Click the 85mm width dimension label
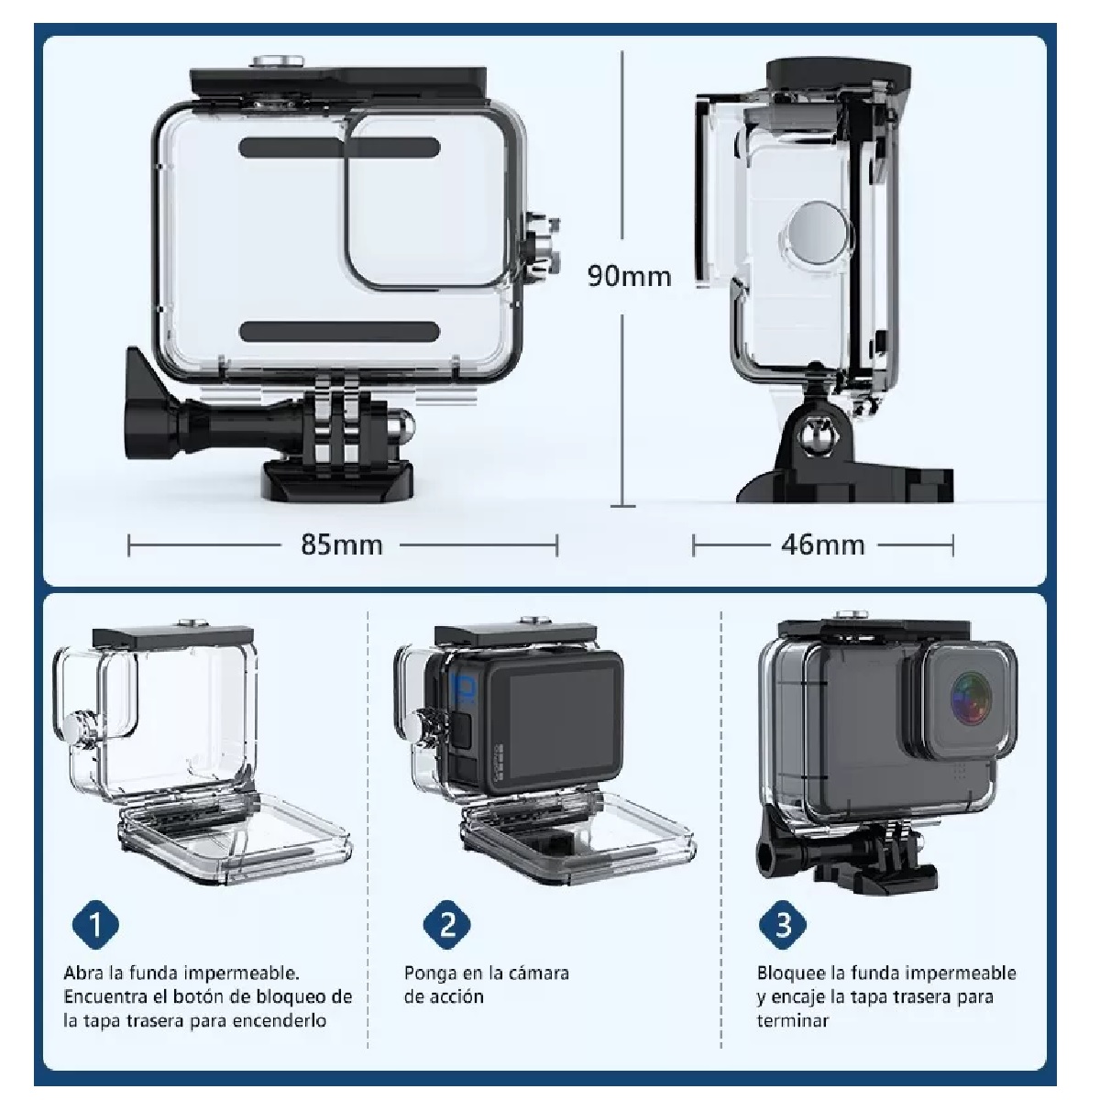pyautogui.click(x=341, y=545)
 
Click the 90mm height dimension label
pyautogui.click(x=629, y=276)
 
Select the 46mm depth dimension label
pyautogui.click(x=822, y=545)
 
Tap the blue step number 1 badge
pyautogui.click(x=96, y=923)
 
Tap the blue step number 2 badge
pyautogui.click(x=446, y=923)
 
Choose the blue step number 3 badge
pyautogui.click(x=782, y=923)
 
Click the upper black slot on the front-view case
pyautogui.click(x=339, y=148)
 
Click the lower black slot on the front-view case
pyautogui.click(x=339, y=332)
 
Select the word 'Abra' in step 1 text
pyautogui.click(x=85, y=973)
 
